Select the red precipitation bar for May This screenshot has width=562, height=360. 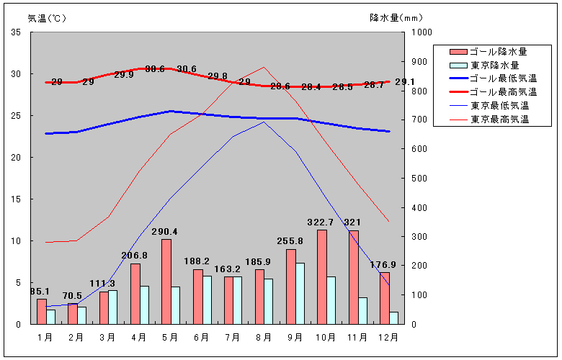[x=166, y=282]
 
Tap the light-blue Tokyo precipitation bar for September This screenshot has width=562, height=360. [x=300, y=293]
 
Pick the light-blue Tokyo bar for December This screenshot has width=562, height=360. [x=393, y=318]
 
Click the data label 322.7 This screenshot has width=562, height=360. [x=321, y=222]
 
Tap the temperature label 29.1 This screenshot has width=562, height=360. [x=404, y=82]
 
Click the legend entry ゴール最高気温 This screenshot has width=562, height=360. [x=503, y=92]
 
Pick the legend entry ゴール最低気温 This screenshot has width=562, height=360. [x=503, y=78]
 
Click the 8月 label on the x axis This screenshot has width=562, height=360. [x=264, y=337]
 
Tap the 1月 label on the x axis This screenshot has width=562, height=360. [x=45, y=337]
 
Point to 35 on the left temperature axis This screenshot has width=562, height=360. [x=16, y=32]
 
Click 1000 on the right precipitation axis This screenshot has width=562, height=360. [x=421, y=32]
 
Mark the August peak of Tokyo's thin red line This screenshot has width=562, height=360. [x=264, y=67]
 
